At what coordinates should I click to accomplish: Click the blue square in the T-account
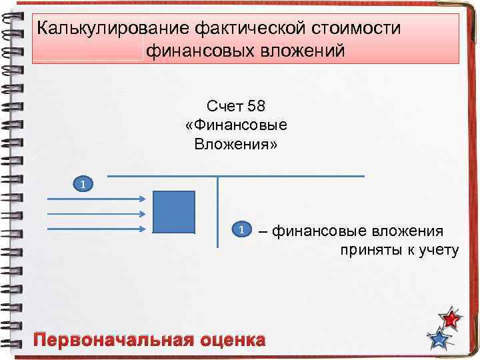(x=174, y=212)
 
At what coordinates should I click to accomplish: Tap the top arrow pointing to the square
(x=96, y=199)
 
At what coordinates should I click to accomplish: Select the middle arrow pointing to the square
(x=96, y=214)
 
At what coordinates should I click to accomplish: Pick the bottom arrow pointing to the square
(x=96, y=229)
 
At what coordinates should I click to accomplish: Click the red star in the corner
(x=451, y=319)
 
